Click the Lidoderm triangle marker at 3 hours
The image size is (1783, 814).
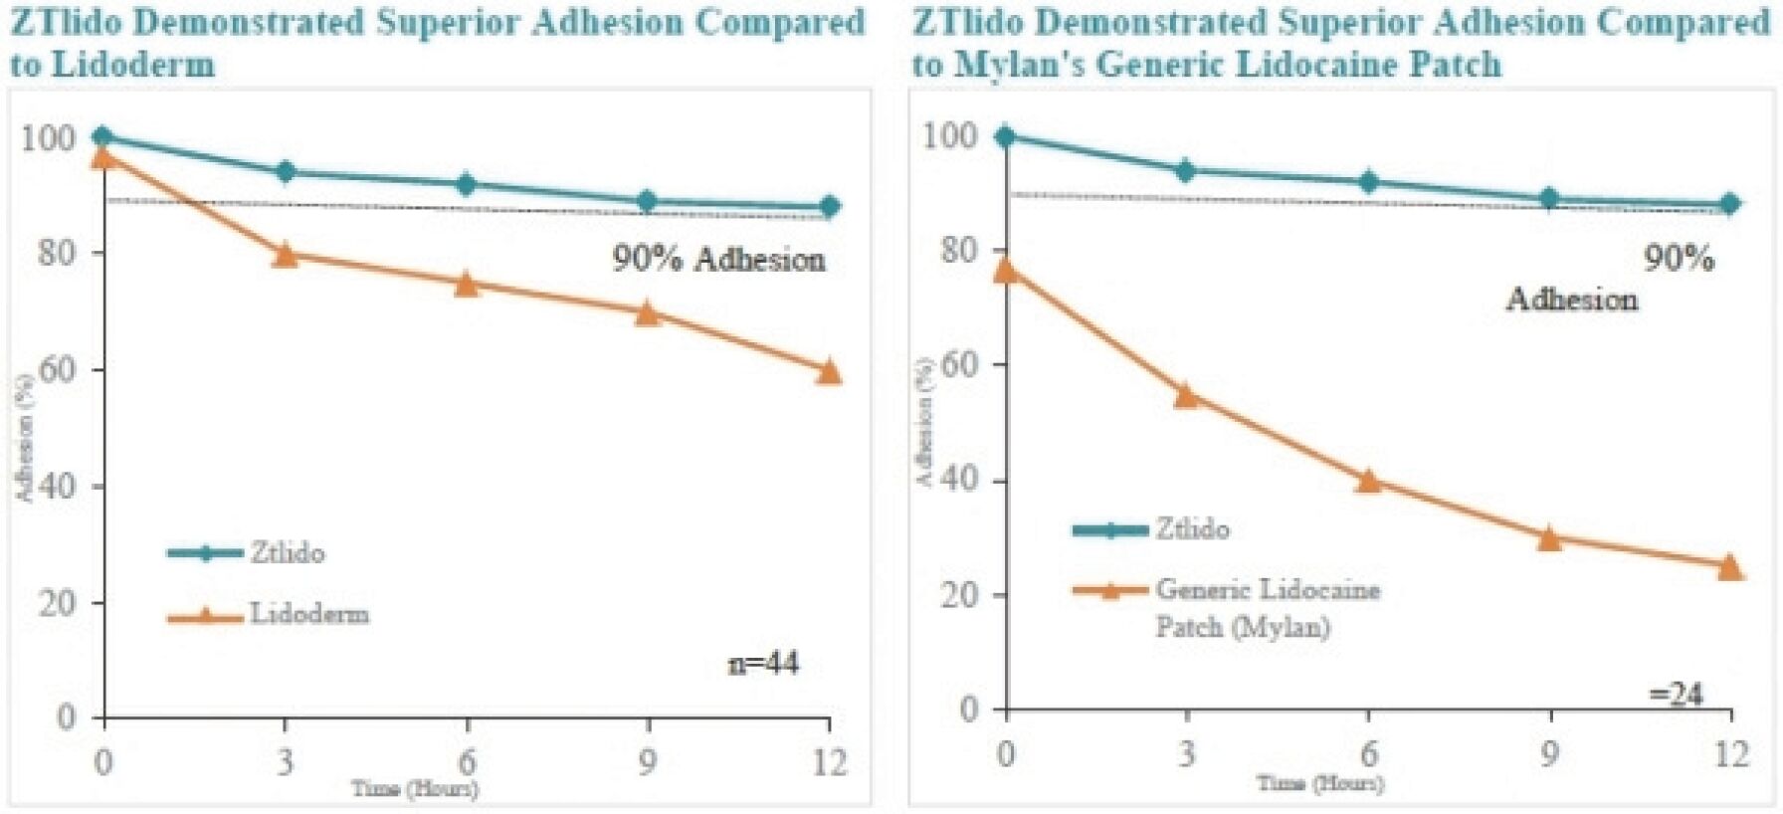(x=286, y=254)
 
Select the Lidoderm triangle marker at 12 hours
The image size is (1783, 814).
(x=829, y=371)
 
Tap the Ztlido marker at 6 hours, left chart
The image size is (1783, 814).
(x=466, y=184)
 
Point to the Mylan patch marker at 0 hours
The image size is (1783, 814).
(x=1005, y=270)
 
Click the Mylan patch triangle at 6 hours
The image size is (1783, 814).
(x=1368, y=481)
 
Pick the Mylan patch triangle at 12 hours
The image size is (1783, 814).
(x=1730, y=567)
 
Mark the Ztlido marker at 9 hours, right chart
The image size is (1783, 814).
(x=1549, y=199)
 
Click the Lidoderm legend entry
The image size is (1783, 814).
(x=308, y=614)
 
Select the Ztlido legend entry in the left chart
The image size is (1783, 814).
(x=287, y=552)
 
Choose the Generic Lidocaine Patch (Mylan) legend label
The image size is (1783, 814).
(x=1267, y=607)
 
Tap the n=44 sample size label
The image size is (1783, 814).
(x=763, y=663)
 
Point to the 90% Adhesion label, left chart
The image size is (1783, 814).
(x=718, y=260)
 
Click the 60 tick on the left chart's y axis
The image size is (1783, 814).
(x=57, y=370)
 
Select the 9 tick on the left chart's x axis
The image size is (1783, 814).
(x=648, y=762)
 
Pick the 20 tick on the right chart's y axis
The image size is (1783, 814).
(x=959, y=595)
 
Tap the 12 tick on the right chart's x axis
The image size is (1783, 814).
(x=1730, y=754)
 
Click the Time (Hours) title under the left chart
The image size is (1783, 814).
(x=414, y=789)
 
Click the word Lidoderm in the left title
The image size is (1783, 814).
(x=133, y=65)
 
